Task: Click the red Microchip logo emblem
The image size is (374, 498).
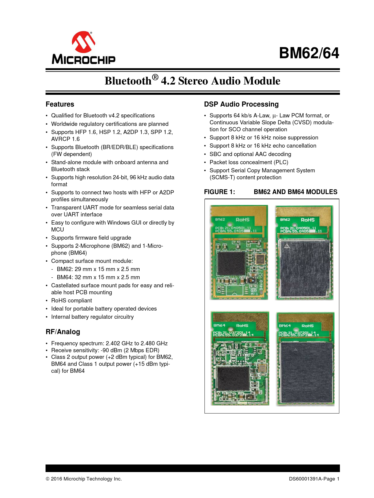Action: click(84, 42)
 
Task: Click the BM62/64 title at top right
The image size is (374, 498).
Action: click(309, 53)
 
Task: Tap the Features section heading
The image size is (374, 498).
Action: click(60, 104)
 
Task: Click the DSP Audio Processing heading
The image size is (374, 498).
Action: click(241, 104)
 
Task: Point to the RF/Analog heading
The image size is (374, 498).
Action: click(63, 332)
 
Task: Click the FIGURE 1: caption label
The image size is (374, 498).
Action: click(219, 192)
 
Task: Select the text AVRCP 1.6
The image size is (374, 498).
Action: click(65, 139)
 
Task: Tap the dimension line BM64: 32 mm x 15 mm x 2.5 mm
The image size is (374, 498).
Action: click(98, 277)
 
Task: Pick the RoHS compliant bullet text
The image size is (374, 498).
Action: click(71, 301)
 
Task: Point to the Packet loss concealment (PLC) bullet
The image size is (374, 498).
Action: click(249, 162)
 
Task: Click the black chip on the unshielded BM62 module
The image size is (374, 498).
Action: click(231, 263)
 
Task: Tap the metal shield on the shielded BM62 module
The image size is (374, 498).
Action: click(304, 268)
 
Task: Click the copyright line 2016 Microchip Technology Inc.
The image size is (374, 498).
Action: click(84, 479)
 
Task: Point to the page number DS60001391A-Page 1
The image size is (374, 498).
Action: click(314, 479)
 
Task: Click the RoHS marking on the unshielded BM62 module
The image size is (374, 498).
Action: click(242, 220)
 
